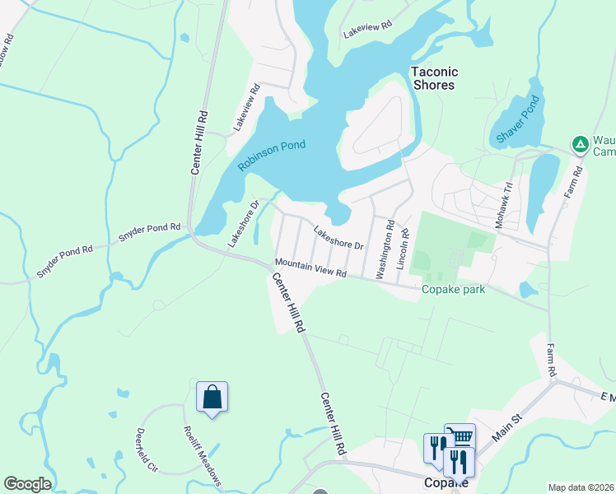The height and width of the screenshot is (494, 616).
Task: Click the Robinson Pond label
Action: point(272,156)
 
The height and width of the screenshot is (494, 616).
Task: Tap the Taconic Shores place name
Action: point(432,78)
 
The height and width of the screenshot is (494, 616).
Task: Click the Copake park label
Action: point(453,290)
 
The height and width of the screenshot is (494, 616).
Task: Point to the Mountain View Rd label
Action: point(310,268)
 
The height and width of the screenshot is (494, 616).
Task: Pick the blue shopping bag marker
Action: point(212,397)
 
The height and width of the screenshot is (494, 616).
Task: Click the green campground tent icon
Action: point(581,145)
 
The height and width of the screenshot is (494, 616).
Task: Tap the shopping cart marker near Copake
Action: point(460,437)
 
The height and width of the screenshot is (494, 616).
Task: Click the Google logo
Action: point(28,484)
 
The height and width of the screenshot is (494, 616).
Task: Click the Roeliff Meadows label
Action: point(202,454)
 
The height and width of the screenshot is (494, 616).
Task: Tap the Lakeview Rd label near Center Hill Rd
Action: point(246,108)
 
